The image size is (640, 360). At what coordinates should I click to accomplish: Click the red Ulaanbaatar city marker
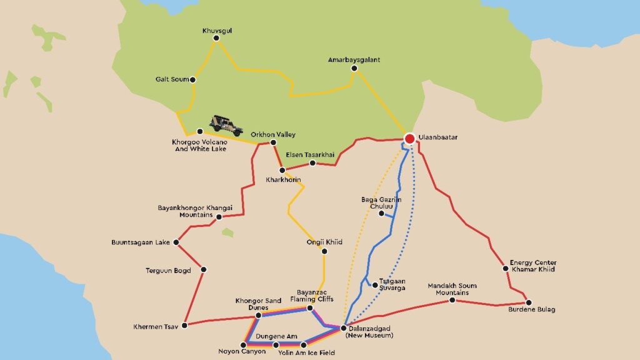409,139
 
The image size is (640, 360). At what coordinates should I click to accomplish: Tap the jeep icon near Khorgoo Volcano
226,125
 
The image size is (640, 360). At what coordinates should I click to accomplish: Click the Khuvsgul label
216,30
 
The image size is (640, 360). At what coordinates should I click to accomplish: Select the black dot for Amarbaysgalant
354,69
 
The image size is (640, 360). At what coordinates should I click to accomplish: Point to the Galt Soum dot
192,79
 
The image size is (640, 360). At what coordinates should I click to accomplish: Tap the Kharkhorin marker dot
282,170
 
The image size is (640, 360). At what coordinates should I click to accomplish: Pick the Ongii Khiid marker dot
324,251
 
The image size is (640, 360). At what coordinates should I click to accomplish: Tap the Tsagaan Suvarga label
392,284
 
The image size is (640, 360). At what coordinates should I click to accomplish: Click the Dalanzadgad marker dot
343,327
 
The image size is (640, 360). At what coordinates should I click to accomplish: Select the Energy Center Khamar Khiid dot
506,269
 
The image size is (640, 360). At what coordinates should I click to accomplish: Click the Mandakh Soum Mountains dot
452,301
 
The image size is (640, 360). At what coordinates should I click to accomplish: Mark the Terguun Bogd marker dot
204,270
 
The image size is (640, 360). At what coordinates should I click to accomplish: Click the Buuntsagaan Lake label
141,242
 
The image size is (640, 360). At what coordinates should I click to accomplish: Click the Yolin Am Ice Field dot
304,344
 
